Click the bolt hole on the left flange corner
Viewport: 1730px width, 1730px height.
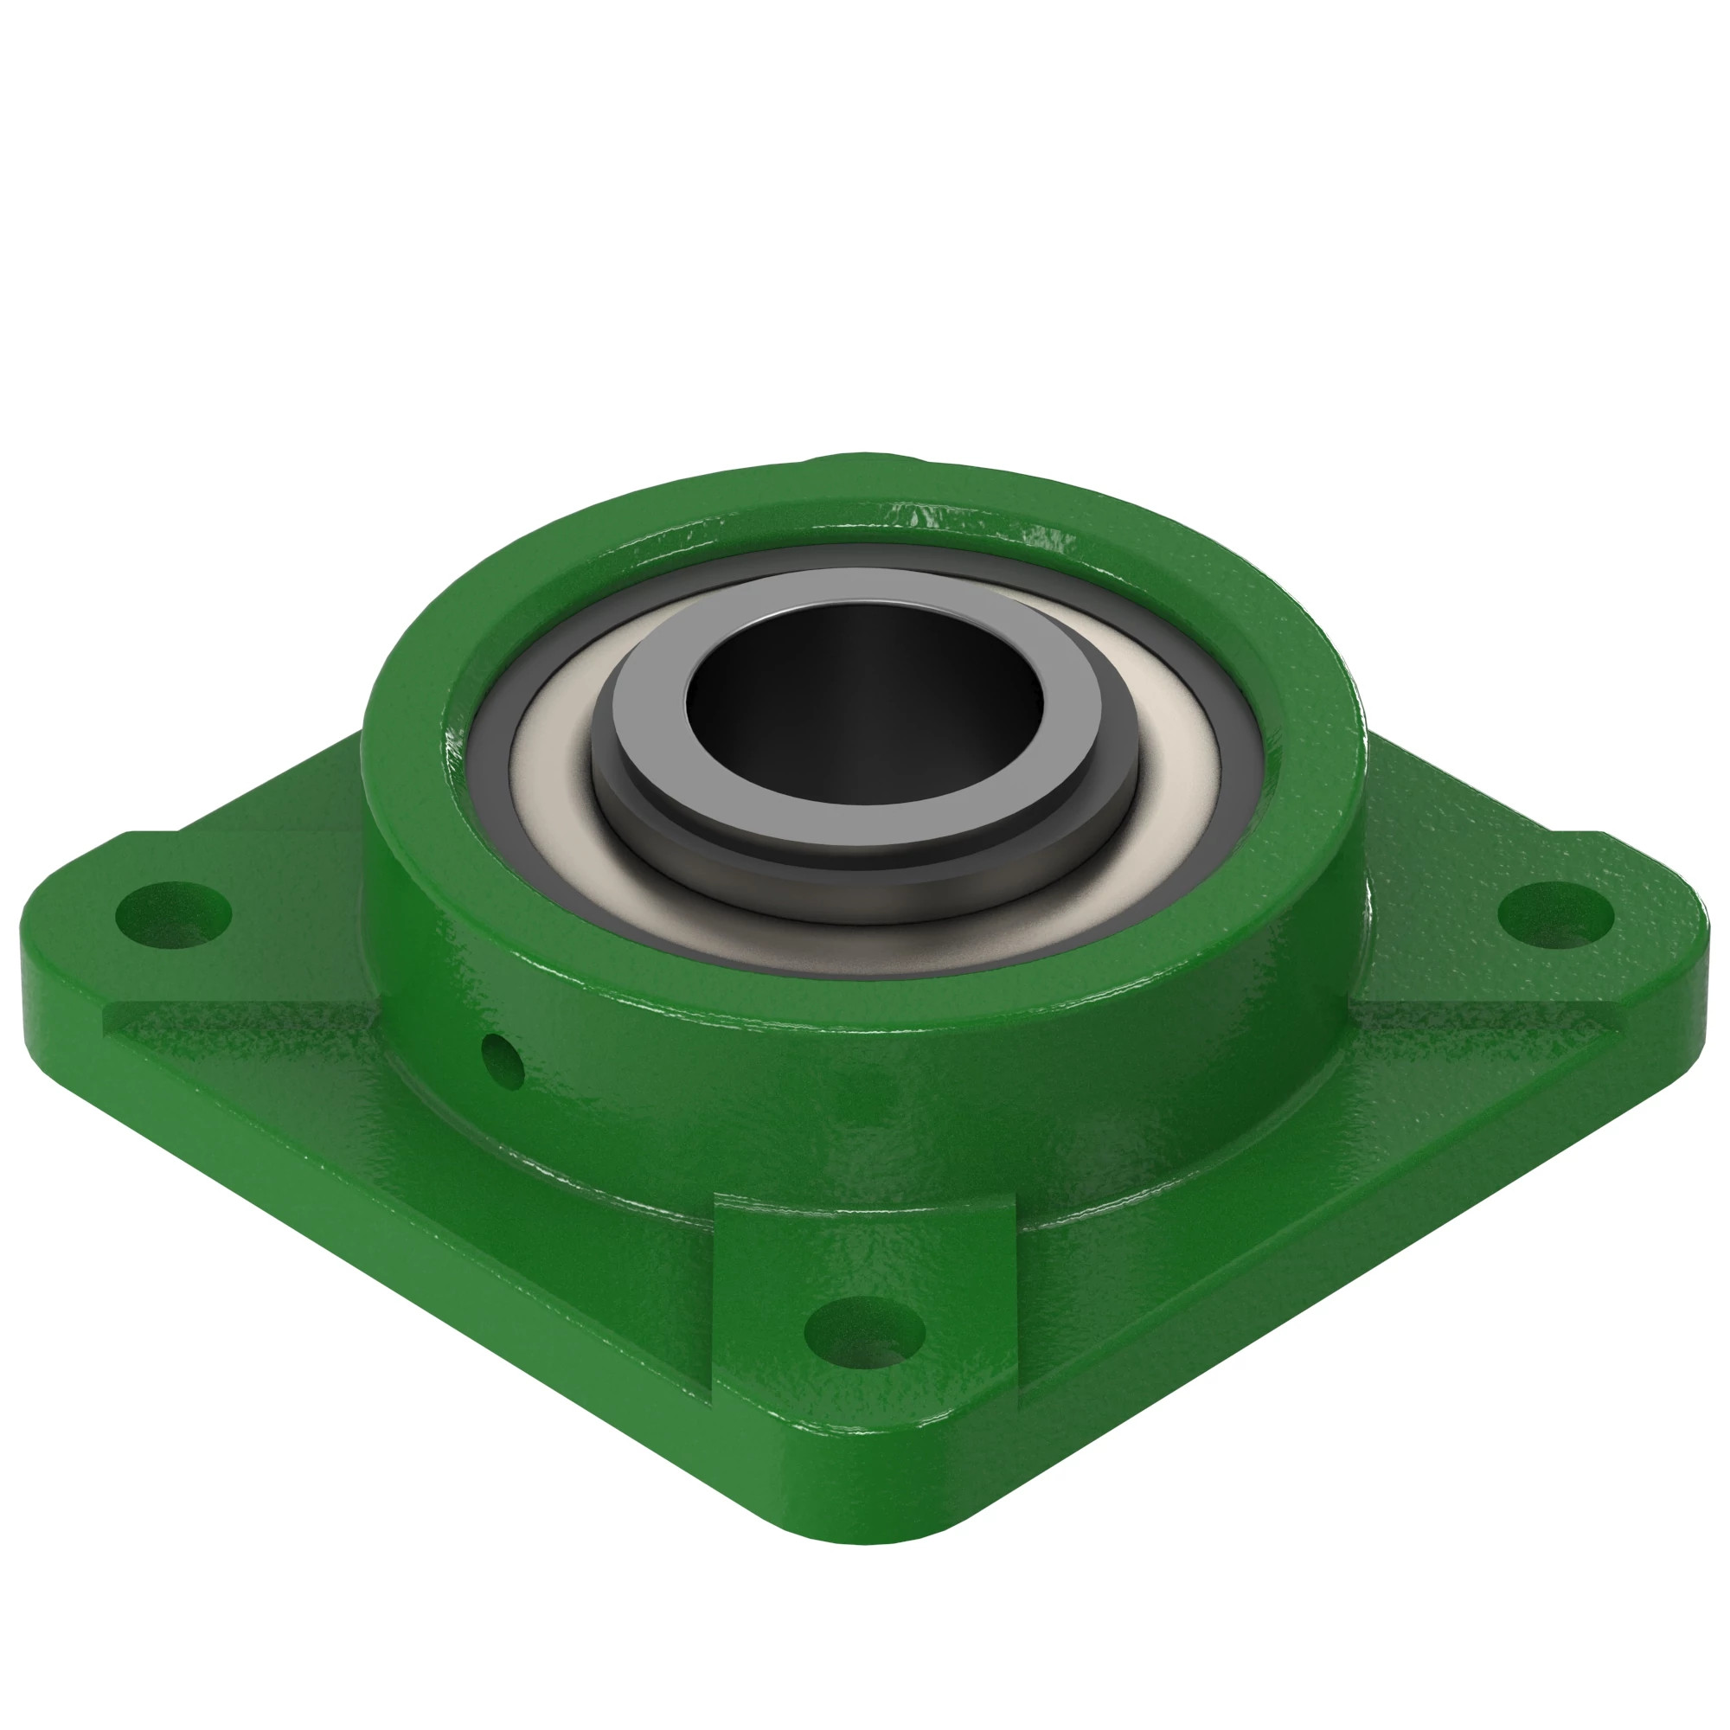click(x=174, y=914)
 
